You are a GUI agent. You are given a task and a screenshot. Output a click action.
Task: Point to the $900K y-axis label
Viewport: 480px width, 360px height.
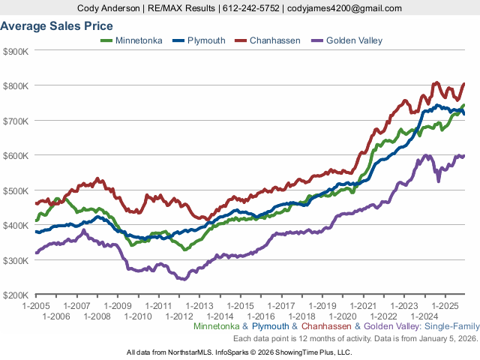[16, 51]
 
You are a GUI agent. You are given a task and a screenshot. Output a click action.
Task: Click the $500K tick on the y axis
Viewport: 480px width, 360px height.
[16, 190]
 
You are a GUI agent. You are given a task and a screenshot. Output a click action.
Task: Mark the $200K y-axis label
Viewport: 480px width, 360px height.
[16, 295]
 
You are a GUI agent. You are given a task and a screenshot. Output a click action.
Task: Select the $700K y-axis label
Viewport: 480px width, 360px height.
[16, 121]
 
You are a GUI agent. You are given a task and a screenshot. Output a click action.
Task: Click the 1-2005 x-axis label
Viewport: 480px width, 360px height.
[36, 306]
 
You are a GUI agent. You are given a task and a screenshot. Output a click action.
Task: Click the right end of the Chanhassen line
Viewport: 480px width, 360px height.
[464, 84]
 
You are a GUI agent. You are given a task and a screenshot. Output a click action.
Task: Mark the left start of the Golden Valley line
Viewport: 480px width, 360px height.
[36, 253]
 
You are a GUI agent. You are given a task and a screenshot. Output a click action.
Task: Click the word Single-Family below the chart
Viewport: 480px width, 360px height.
[453, 327]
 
